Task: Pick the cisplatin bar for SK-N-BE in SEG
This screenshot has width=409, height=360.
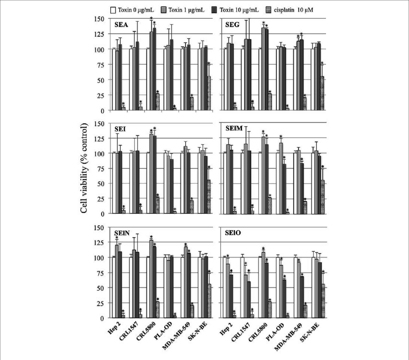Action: pos(322,93)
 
